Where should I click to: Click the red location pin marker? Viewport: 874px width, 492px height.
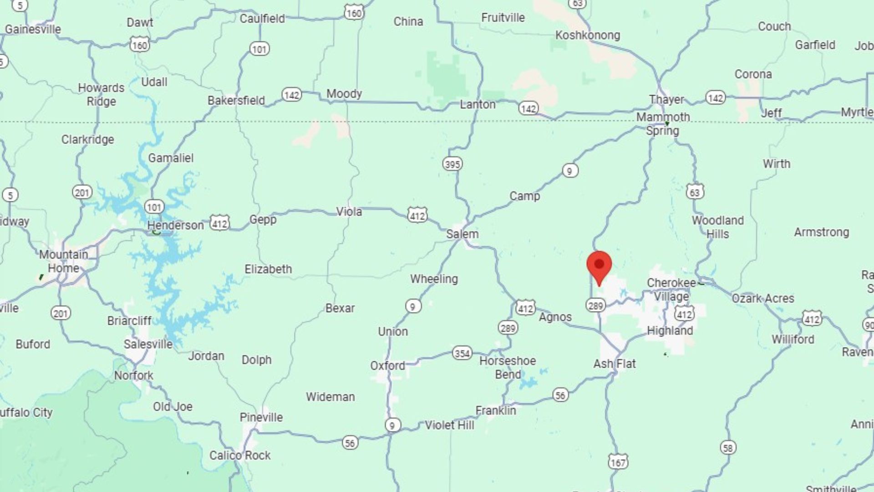[x=599, y=266]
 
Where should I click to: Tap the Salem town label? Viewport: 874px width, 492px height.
[x=462, y=234]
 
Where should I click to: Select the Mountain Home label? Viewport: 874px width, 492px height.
[x=63, y=261]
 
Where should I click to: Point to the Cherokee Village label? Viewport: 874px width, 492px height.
[x=671, y=290]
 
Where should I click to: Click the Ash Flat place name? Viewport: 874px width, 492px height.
[x=615, y=364]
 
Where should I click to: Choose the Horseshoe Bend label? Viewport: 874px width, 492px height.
[x=508, y=368]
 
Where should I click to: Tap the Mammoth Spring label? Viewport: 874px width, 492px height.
[x=663, y=124]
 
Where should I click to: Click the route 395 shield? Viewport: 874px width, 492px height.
[x=452, y=164]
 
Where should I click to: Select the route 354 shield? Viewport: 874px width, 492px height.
[x=462, y=353]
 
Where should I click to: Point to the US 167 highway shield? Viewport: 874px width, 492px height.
[x=618, y=462]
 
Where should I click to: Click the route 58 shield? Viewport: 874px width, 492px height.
[x=728, y=448]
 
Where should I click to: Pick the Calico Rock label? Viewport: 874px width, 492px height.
[x=240, y=455]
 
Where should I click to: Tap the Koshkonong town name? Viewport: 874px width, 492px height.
[x=588, y=35]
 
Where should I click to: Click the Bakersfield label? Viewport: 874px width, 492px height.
[x=236, y=100]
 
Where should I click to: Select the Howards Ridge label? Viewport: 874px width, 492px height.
[x=101, y=94]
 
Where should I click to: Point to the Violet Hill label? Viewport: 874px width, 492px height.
[x=449, y=425]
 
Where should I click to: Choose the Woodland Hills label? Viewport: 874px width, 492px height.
[x=718, y=227]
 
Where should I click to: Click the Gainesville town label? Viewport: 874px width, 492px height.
[x=33, y=30]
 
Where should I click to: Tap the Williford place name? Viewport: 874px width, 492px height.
[x=793, y=339]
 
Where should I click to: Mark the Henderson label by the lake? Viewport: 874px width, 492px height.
[x=175, y=225]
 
